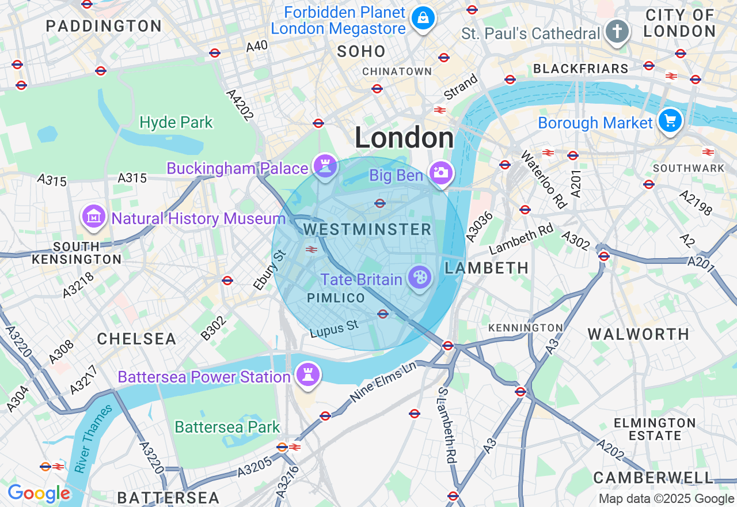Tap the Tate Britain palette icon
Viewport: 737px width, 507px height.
click(x=419, y=278)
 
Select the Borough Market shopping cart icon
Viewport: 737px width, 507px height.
click(x=670, y=121)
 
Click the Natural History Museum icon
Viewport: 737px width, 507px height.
click(x=94, y=217)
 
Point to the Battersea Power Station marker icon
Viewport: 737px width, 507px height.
click(x=307, y=375)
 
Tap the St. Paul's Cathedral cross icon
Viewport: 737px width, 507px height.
click(x=617, y=31)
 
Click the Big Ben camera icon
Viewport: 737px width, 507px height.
click(x=441, y=173)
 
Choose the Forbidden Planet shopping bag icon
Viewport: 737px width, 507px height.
click(x=423, y=18)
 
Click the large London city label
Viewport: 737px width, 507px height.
click(x=404, y=138)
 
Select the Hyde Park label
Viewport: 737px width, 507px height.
click(x=176, y=122)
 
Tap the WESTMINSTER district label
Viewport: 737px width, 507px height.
click(x=367, y=229)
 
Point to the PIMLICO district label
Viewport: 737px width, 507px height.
click(x=336, y=298)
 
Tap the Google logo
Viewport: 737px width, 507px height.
click(x=39, y=493)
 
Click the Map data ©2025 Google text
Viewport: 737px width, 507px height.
click(x=666, y=499)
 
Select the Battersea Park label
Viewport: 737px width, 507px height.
click(x=227, y=427)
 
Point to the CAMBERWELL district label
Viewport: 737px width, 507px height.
click(x=653, y=478)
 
